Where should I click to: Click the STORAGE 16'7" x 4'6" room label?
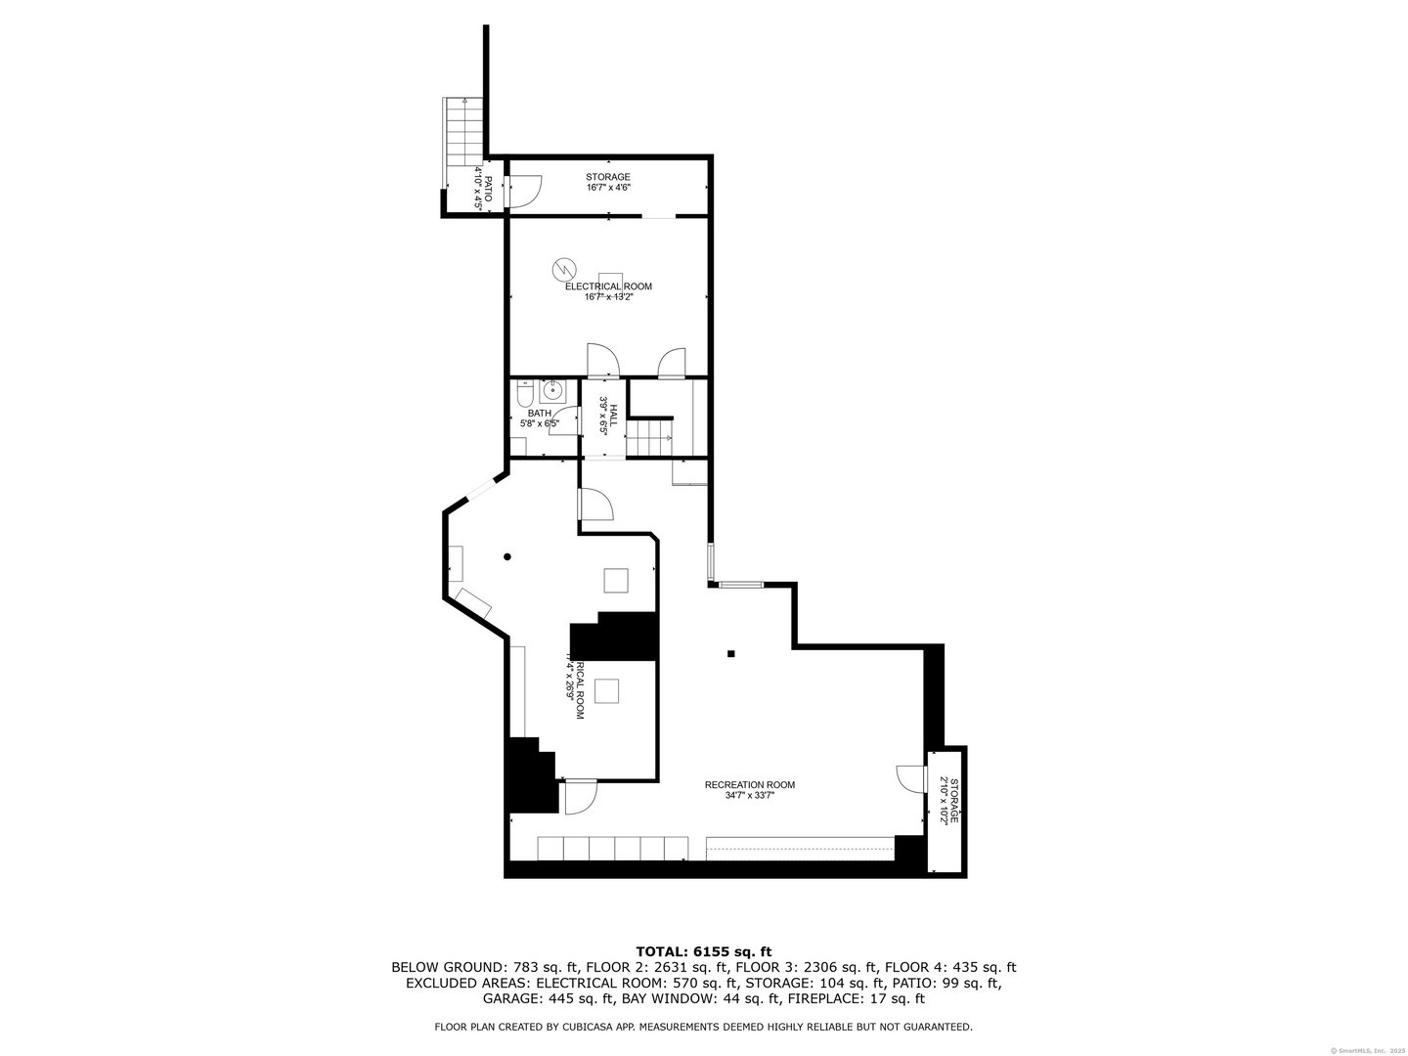(x=608, y=182)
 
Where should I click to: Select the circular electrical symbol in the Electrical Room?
(x=564, y=267)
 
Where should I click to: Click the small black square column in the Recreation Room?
(x=730, y=654)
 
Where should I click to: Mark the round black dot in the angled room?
(x=507, y=557)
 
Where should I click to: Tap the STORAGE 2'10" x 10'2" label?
(x=948, y=801)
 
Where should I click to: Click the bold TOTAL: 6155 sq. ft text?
(x=704, y=950)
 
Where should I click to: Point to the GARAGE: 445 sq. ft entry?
(x=548, y=999)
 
